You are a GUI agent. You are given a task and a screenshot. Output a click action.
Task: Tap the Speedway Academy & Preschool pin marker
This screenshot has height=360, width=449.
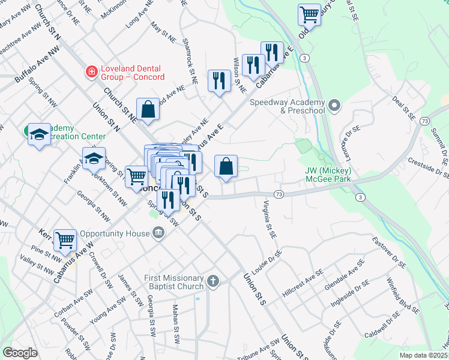[335, 106]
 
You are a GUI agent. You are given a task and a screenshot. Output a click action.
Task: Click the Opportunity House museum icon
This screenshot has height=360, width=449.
[158, 232]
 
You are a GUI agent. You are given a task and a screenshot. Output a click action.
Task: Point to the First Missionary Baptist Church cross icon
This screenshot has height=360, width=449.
[212, 281]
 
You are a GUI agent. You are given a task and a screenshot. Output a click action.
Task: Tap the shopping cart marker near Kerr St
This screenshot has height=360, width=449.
[65, 240]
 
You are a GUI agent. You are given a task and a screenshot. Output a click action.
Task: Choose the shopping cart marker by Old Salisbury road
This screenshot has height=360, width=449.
[309, 14]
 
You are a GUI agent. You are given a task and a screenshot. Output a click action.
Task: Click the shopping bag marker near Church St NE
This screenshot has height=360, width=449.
[147, 109]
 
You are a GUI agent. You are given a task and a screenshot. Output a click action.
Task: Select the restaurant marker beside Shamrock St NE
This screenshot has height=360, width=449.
[219, 80]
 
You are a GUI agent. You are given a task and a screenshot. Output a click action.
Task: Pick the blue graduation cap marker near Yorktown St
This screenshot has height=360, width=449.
[94, 158]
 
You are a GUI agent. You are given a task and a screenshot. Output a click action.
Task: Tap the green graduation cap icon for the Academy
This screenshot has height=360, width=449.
[38, 134]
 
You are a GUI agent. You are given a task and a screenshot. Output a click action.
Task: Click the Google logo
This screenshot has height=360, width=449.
[20, 353]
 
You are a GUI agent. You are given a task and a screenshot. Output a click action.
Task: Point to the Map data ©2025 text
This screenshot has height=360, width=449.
[424, 355]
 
